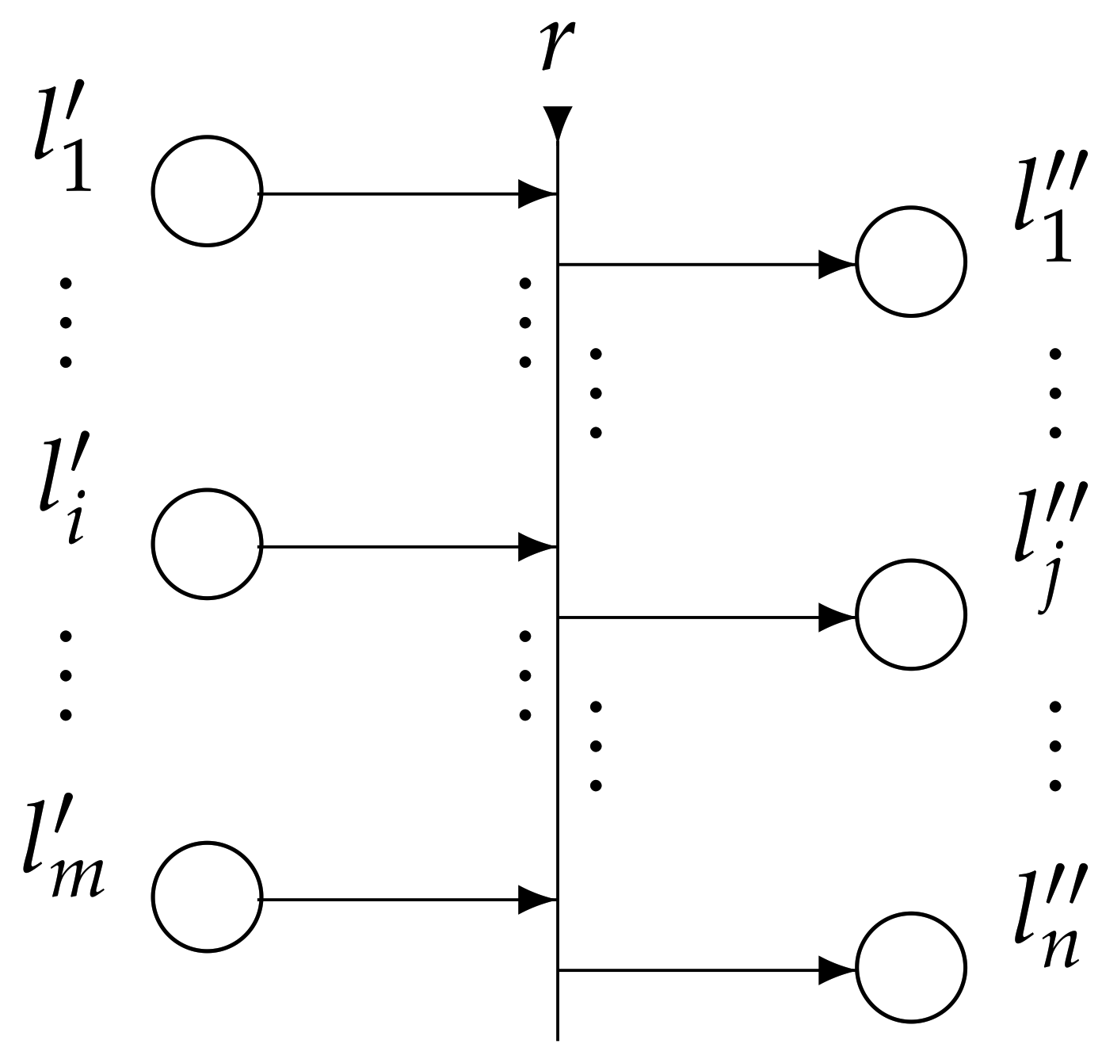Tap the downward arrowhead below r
pos(558,121)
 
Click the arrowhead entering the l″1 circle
pos(836,264)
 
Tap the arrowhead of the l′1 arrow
pos(537,193)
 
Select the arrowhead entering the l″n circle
pos(836,969)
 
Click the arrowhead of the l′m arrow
pos(537,899)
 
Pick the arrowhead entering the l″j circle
pos(836,617)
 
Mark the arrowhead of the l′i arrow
pos(537,546)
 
